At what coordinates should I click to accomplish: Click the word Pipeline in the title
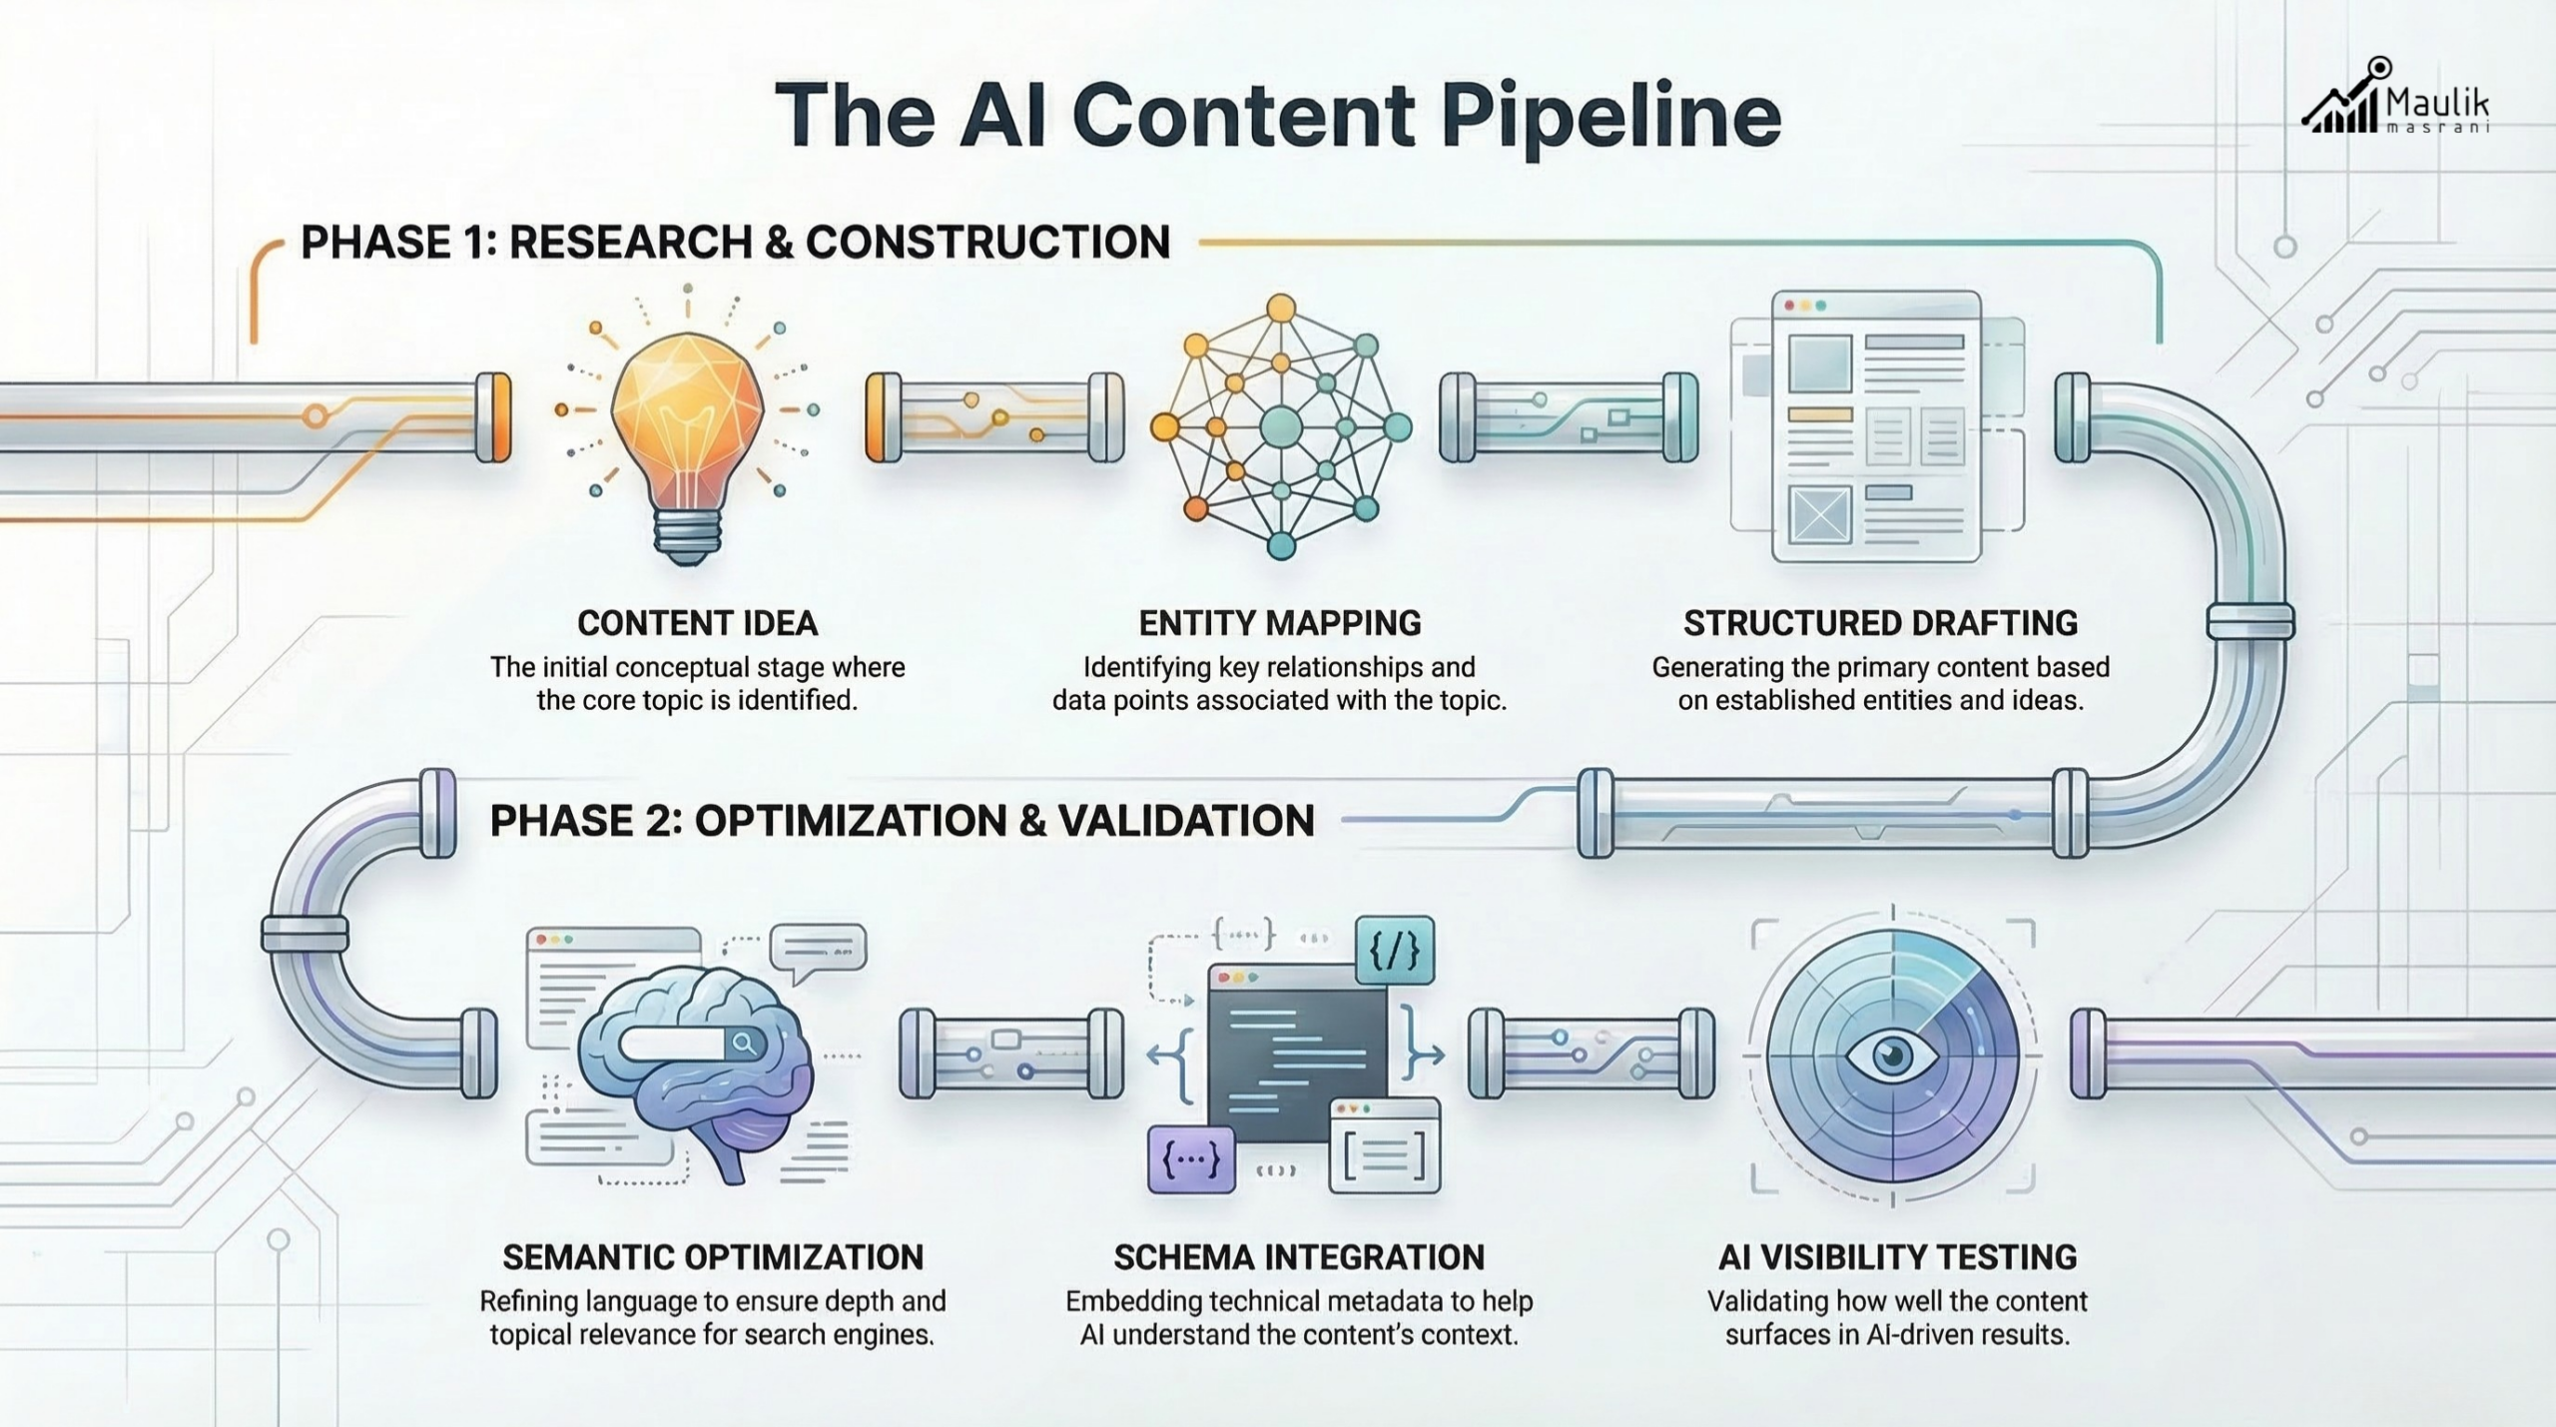pyautogui.click(x=1610, y=115)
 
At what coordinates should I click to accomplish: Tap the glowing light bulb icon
pyautogui.click(x=687, y=419)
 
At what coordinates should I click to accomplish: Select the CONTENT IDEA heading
pyautogui.click(x=697, y=623)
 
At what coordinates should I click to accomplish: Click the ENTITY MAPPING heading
pyautogui.click(x=1279, y=623)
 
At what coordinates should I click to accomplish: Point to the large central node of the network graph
pyautogui.click(x=1281, y=428)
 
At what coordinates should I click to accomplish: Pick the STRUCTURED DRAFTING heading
pyautogui.click(x=1880, y=623)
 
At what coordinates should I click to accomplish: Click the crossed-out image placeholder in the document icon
pyautogui.click(x=1820, y=514)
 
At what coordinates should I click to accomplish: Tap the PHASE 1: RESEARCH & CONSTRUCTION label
pyautogui.click(x=735, y=243)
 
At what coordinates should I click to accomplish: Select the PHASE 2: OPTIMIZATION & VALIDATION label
pyautogui.click(x=902, y=821)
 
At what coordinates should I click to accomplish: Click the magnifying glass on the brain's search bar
pyautogui.click(x=744, y=1044)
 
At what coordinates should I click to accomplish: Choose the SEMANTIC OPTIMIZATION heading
pyautogui.click(x=712, y=1257)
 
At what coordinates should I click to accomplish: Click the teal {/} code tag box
pyautogui.click(x=1394, y=951)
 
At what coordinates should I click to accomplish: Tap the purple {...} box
pyautogui.click(x=1191, y=1159)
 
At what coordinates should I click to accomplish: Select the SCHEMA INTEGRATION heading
pyautogui.click(x=1298, y=1257)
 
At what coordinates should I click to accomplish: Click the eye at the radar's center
pyautogui.click(x=1892, y=1055)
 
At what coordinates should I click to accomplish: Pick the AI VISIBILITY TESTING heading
pyautogui.click(x=1897, y=1257)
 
